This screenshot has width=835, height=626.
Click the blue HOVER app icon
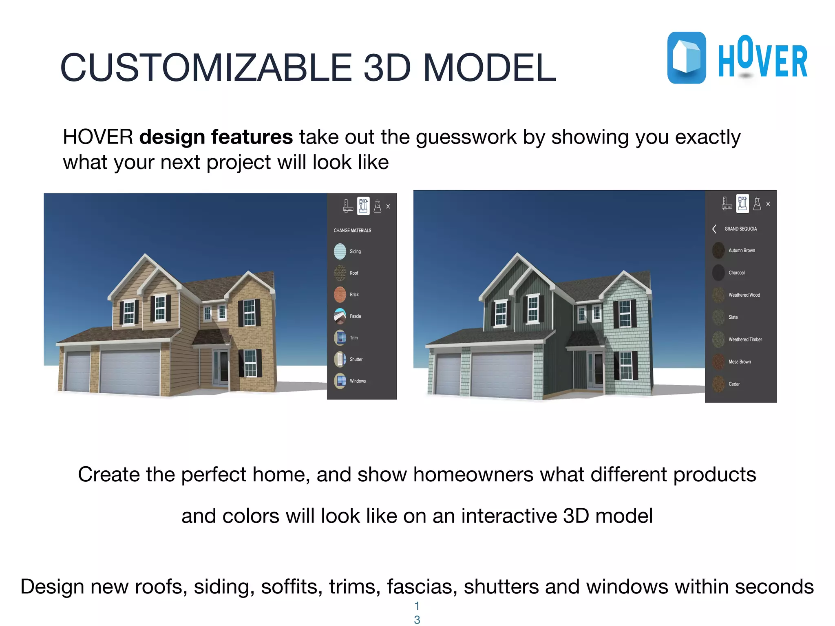coord(687,58)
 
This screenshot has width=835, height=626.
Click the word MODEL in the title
coord(490,68)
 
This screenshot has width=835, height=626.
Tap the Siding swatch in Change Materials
coord(340,251)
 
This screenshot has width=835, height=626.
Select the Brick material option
coord(340,295)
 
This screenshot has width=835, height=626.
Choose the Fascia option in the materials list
coord(340,316)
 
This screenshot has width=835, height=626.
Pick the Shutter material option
coord(340,359)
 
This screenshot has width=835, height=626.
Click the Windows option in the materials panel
coord(340,381)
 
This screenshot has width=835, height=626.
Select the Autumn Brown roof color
coord(718,251)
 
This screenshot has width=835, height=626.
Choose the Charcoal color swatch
coord(718,273)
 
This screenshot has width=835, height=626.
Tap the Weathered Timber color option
coord(718,339)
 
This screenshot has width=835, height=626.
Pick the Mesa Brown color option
coord(718,362)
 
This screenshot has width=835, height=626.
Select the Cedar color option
coord(718,384)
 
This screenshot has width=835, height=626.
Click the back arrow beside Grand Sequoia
coord(714,229)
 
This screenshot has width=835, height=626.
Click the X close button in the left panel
coord(388,207)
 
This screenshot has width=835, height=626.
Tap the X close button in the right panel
coord(768,204)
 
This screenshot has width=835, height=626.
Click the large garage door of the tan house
coord(130,372)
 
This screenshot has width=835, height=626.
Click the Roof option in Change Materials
coord(340,273)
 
